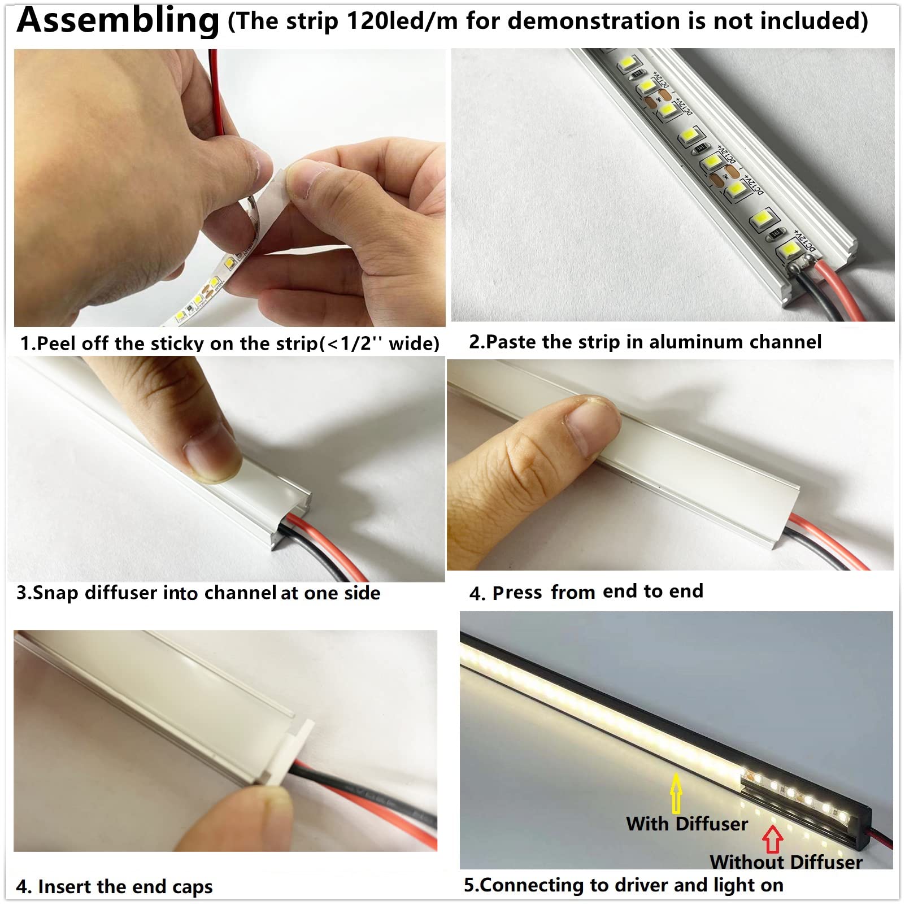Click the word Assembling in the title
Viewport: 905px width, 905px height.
(x=118, y=20)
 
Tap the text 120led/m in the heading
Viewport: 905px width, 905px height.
(x=402, y=21)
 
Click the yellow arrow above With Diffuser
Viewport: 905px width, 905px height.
(x=676, y=793)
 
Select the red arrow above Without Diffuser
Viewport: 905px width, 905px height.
(x=772, y=840)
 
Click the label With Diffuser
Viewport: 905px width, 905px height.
(x=686, y=824)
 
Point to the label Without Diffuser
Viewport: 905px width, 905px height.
(x=786, y=862)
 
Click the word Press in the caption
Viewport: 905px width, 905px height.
(x=517, y=593)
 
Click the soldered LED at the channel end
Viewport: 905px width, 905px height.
(x=790, y=249)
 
